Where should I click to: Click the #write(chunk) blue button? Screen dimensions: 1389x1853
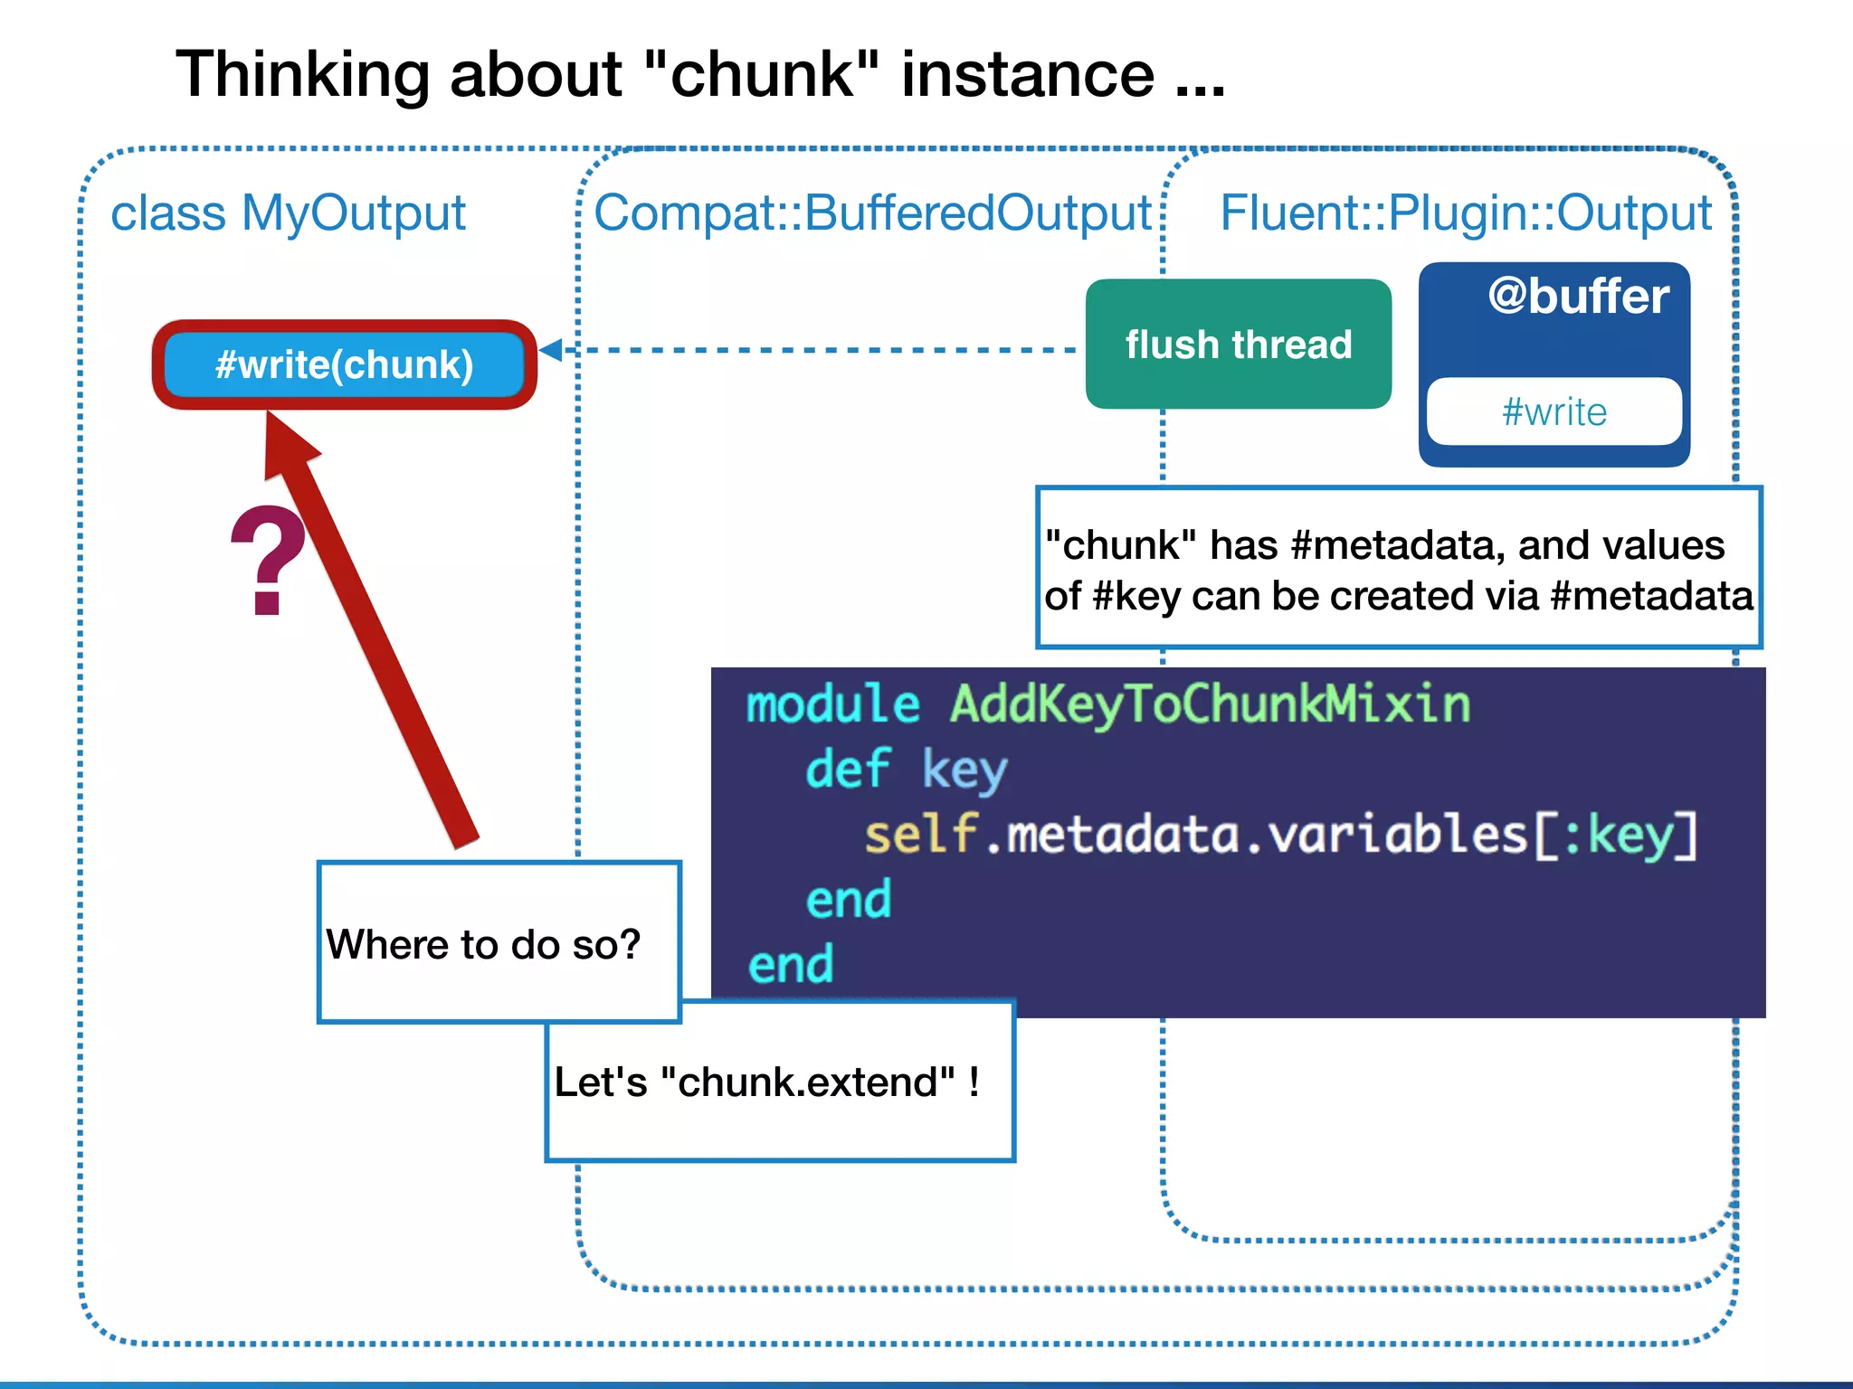344,364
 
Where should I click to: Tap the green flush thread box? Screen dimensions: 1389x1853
1238,345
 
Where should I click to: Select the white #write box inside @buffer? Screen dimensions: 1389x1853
1554,412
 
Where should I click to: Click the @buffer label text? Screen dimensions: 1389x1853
1578,297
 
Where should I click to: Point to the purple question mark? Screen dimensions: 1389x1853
268,561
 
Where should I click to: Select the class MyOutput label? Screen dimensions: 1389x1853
288,213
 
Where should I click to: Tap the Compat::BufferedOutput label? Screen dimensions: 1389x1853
872,213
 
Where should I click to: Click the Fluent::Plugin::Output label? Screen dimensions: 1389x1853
1466,213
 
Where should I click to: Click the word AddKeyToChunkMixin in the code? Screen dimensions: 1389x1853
1210,704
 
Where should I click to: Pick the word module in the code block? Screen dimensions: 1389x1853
832,704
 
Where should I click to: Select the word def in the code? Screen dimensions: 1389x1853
848,770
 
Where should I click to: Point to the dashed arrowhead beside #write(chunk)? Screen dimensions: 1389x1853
551,350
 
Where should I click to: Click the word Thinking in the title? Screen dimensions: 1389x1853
301,74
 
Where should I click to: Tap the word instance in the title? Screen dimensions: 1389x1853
1028,74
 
